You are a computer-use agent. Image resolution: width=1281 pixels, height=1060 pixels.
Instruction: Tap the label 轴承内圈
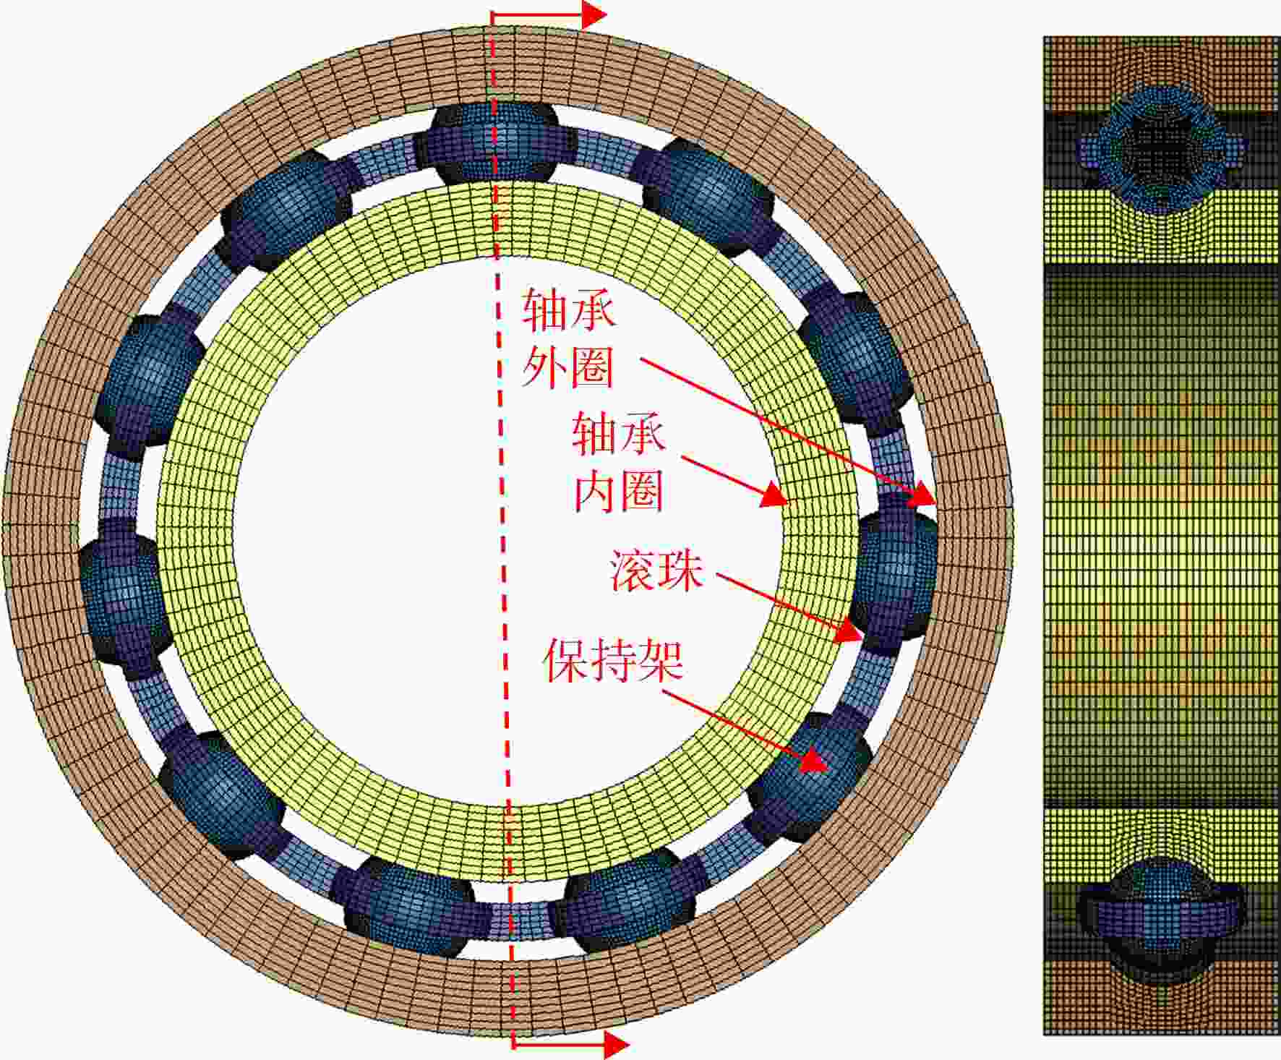(x=619, y=462)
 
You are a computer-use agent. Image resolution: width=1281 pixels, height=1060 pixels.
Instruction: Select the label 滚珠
(x=656, y=570)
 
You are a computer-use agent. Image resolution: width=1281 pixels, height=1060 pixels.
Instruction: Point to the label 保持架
(x=613, y=659)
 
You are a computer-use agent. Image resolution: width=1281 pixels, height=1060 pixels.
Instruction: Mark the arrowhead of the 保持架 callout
(x=815, y=760)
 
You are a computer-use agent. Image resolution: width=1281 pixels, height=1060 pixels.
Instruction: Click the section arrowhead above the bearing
(x=594, y=14)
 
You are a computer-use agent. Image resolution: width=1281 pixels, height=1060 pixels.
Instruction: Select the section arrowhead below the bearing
(x=616, y=1044)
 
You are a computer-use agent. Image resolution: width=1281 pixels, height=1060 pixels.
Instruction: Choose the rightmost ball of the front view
(x=894, y=574)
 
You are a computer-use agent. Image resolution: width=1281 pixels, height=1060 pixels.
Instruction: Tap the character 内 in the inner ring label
(x=596, y=490)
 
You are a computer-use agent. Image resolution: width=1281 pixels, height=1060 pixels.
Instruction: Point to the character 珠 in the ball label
(x=680, y=570)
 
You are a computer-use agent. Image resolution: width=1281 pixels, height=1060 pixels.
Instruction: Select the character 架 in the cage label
(x=660, y=659)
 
